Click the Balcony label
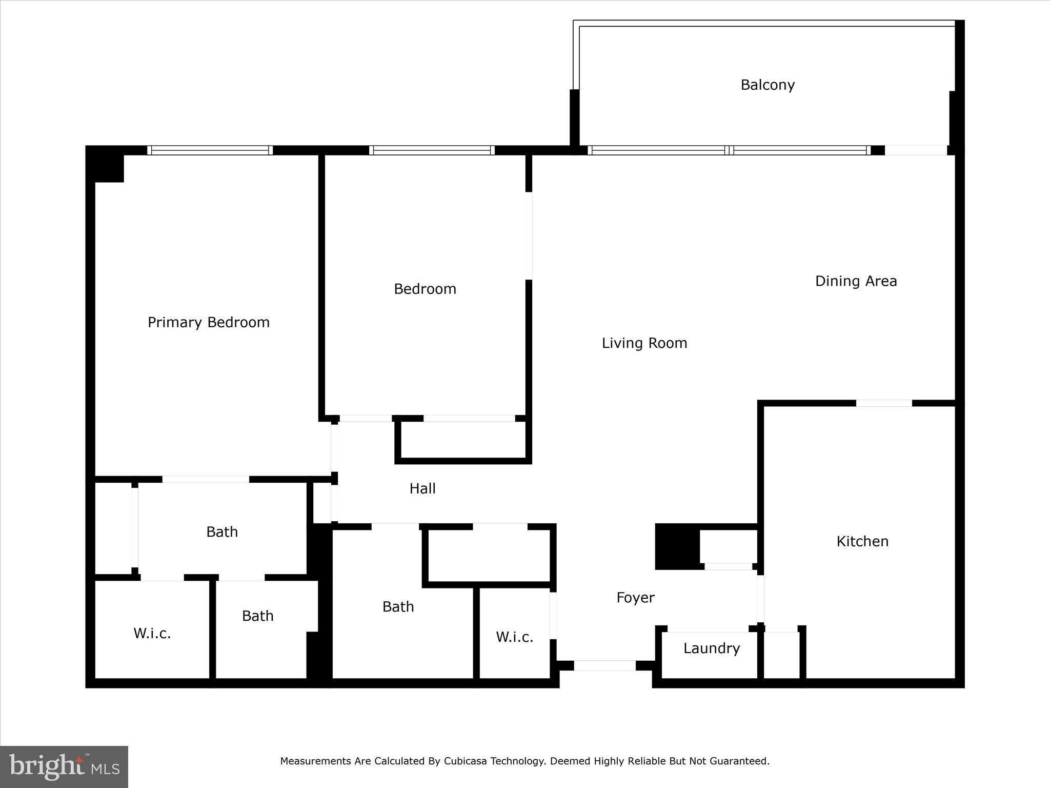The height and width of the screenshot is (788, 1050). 768,85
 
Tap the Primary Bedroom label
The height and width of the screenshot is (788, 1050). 209,322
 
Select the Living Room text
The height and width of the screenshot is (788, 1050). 644,343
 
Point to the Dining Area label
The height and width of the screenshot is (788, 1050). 856,281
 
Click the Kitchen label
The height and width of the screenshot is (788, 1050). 862,541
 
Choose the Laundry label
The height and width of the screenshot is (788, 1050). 712,648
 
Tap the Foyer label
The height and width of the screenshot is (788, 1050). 635,598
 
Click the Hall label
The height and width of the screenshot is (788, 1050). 422,488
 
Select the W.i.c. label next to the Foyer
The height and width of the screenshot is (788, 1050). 514,637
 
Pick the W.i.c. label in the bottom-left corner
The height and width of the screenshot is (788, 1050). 152,634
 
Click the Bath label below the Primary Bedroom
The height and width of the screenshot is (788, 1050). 222,532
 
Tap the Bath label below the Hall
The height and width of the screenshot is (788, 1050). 398,607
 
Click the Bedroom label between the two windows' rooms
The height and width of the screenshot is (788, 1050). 425,289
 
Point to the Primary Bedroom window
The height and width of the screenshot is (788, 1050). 210,150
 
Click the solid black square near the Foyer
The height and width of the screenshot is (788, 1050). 677,546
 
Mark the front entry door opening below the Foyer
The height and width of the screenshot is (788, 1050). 604,665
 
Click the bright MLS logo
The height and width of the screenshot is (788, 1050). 64,767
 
